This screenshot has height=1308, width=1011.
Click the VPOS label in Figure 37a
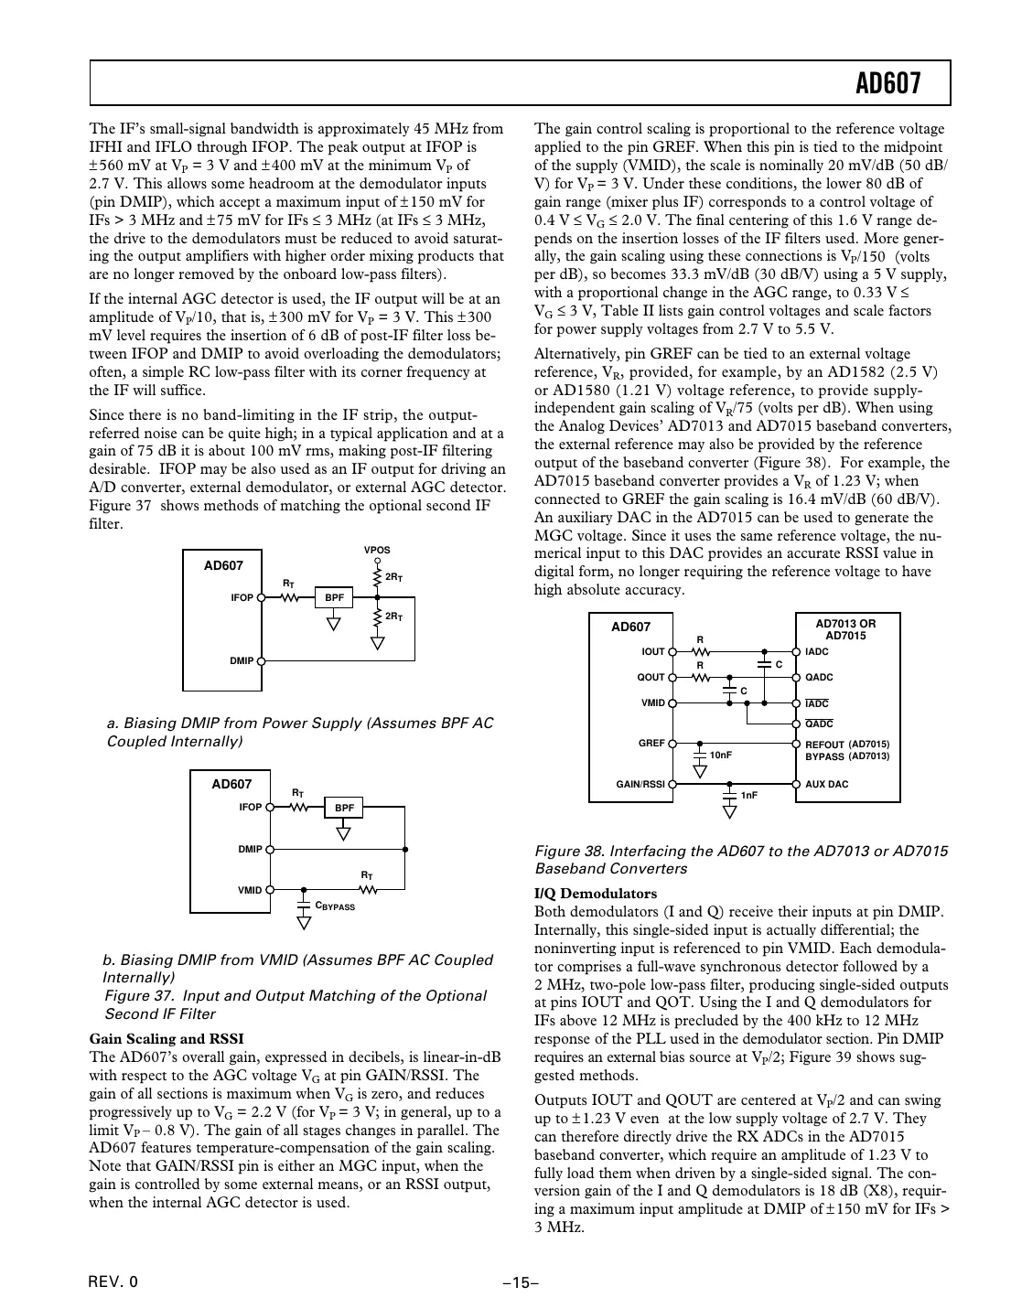(x=377, y=551)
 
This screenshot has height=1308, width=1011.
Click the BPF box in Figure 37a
(x=335, y=597)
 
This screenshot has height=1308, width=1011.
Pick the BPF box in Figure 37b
(x=344, y=808)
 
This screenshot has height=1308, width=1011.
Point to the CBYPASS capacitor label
(x=335, y=906)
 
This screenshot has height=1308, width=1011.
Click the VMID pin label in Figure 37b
(x=250, y=890)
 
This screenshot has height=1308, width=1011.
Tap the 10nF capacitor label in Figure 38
(x=721, y=756)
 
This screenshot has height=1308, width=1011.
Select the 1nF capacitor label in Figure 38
(x=749, y=796)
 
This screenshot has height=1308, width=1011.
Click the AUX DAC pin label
(x=826, y=785)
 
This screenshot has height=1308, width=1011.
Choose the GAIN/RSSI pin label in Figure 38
(x=640, y=785)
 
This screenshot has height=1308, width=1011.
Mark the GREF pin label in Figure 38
(x=651, y=744)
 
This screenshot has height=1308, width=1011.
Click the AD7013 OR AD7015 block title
(x=845, y=629)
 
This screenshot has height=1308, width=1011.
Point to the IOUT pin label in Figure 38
(x=653, y=652)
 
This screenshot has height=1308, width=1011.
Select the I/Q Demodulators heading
(x=595, y=893)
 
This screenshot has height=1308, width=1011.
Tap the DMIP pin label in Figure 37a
(x=242, y=660)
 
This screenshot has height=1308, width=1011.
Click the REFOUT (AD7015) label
(x=846, y=745)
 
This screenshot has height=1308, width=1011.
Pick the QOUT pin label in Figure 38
(x=651, y=678)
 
